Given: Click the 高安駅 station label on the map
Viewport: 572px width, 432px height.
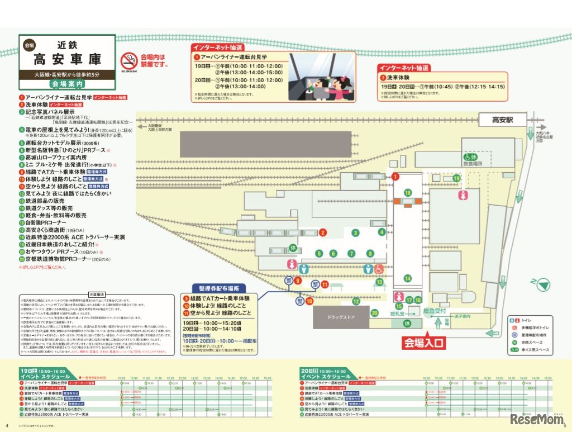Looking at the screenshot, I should [502, 120].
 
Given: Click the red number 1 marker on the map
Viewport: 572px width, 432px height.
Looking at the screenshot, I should [395, 177].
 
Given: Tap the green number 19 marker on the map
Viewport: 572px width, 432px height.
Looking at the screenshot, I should [456, 178].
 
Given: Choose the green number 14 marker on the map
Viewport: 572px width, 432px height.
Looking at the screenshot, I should [408, 278].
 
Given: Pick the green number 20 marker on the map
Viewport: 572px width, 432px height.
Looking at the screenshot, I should [374, 313].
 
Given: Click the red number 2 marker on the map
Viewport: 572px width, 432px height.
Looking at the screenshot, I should [322, 232].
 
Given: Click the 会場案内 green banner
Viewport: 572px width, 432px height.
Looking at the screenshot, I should [67, 84].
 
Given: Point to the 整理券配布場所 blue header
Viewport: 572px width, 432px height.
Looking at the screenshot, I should [219, 288].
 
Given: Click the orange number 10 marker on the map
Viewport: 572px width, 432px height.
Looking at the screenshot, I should [309, 301].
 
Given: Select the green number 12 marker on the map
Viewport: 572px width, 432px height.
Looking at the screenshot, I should [355, 302].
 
